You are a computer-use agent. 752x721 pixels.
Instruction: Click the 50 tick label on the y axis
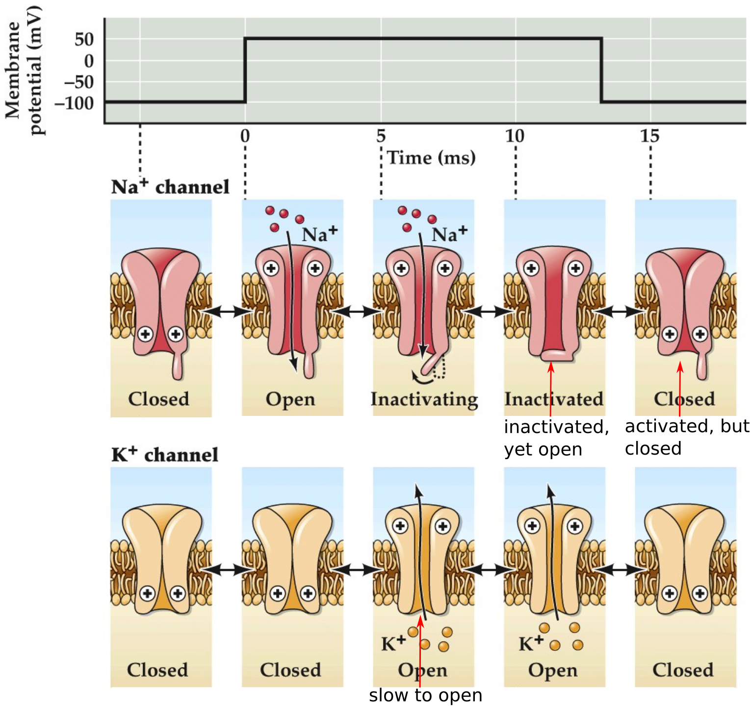point(84,39)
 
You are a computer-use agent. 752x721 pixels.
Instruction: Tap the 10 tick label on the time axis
point(515,136)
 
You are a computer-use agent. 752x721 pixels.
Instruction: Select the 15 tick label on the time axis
point(649,136)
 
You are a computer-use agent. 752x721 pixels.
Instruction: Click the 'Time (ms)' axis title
point(431,158)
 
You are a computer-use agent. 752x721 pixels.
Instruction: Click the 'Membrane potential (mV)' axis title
point(23,70)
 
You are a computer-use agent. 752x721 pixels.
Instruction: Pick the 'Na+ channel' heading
point(170,187)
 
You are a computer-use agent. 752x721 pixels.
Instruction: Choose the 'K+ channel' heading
point(164,455)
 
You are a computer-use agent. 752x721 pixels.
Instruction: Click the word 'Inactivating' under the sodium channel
point(424,399)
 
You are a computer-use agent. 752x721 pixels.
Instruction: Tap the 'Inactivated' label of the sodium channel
point(554,399)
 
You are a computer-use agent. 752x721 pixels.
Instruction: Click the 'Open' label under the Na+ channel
point(290,399)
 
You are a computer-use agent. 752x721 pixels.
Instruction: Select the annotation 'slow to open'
point(425,695)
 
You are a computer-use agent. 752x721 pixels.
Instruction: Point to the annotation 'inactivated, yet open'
point(555,438)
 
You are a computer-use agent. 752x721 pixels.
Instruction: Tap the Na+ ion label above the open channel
point(319,234)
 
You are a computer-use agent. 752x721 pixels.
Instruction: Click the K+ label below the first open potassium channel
point(393,643)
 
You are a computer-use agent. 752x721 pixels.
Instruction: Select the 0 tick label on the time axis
point(245,136)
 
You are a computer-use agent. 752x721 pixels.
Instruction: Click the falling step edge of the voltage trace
point(601,70)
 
